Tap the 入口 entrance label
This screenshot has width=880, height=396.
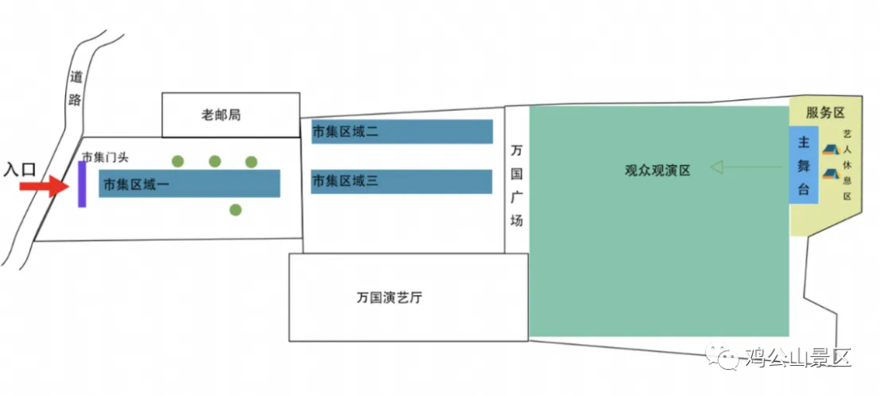point(20,169)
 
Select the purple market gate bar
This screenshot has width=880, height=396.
point(82,184)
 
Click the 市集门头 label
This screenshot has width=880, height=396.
point(105,156)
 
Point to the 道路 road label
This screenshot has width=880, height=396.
point(77,90)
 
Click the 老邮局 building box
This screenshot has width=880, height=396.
point(231,115)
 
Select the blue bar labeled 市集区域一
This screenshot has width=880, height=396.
point(189,184)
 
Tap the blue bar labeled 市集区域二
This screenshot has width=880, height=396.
point(402,132)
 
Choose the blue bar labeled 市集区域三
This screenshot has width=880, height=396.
point(402,182)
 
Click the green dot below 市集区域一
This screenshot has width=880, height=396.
point(235,210)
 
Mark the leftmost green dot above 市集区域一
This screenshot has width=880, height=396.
point(178,161)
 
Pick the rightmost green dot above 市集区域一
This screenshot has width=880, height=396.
point(251,161)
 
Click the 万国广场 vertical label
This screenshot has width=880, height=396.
point(517,186)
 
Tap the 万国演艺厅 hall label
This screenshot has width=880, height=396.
point(389,297)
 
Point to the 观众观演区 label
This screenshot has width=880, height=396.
point(658,170)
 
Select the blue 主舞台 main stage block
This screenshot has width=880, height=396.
point(803,166)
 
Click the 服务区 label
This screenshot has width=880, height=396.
point(825,112)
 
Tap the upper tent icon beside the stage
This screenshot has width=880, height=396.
point(829,150)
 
